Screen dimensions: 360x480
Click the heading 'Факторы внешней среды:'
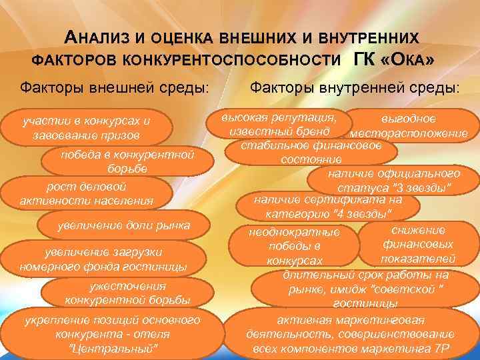(113, 88)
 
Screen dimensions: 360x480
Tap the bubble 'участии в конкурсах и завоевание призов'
(86, 128)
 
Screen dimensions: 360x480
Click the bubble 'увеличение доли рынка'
(123, 226)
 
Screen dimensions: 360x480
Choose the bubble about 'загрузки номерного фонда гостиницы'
(103, 259)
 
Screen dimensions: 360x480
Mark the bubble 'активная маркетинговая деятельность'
(350, 333)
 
